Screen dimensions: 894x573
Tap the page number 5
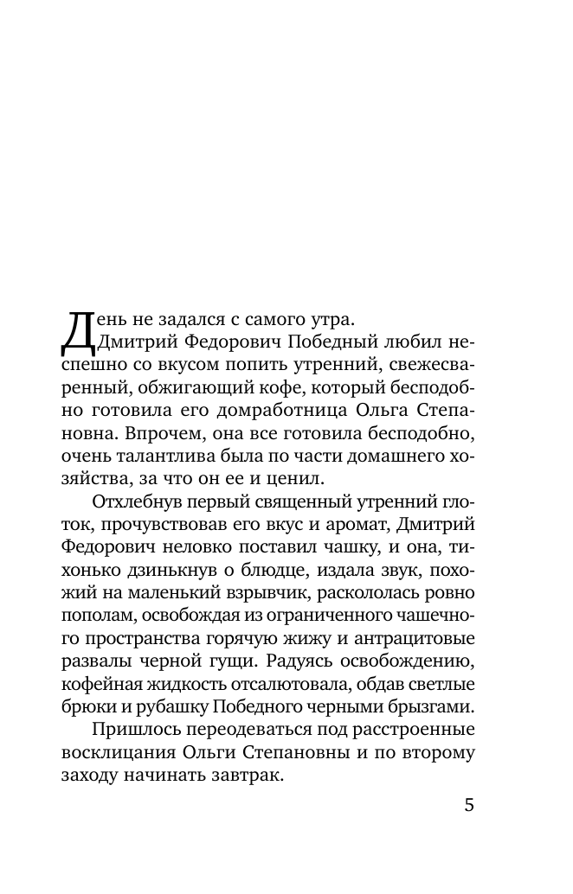click(x=469, y=805)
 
